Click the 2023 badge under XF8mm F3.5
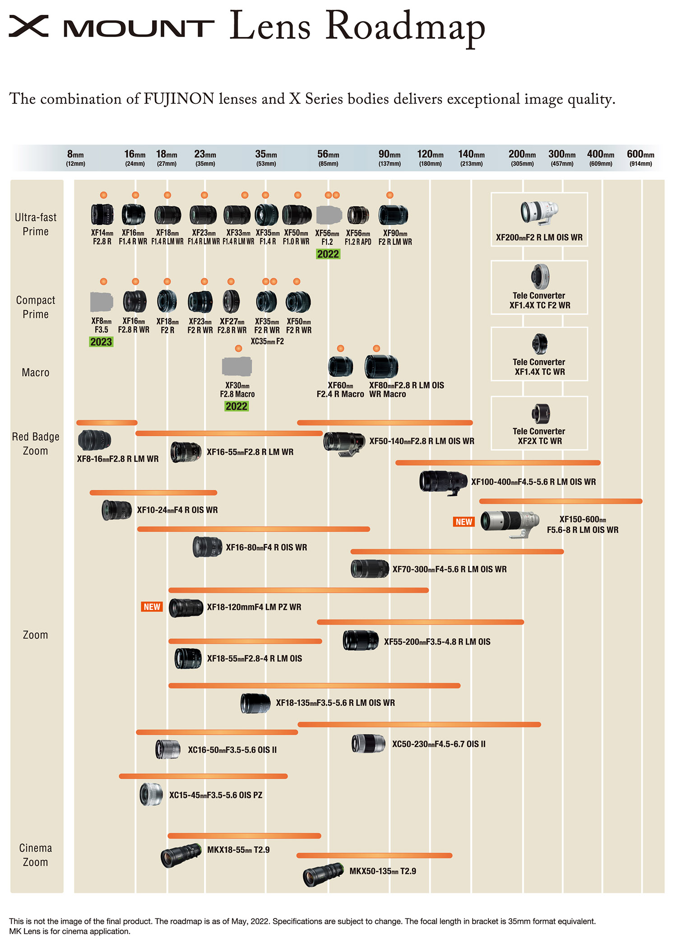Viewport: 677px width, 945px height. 101,342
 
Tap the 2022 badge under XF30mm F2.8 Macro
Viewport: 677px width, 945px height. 236,406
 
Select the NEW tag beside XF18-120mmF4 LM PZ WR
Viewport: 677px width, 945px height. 152,607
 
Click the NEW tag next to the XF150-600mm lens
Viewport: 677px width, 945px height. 464,522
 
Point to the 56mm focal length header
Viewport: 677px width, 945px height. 328,158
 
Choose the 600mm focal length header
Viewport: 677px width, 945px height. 640,158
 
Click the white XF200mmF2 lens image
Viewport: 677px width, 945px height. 539,213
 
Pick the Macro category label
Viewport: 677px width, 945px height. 36,372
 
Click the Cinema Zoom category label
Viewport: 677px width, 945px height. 36,855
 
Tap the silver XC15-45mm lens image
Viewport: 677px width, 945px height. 151,795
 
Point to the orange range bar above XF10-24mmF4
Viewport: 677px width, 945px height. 153,493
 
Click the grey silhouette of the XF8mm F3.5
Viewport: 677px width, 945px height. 102,302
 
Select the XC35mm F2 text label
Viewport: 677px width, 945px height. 267,341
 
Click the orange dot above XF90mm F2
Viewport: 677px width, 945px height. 390,195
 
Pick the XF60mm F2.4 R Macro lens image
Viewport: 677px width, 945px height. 340,366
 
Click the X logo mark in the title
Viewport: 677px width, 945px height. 28,26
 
